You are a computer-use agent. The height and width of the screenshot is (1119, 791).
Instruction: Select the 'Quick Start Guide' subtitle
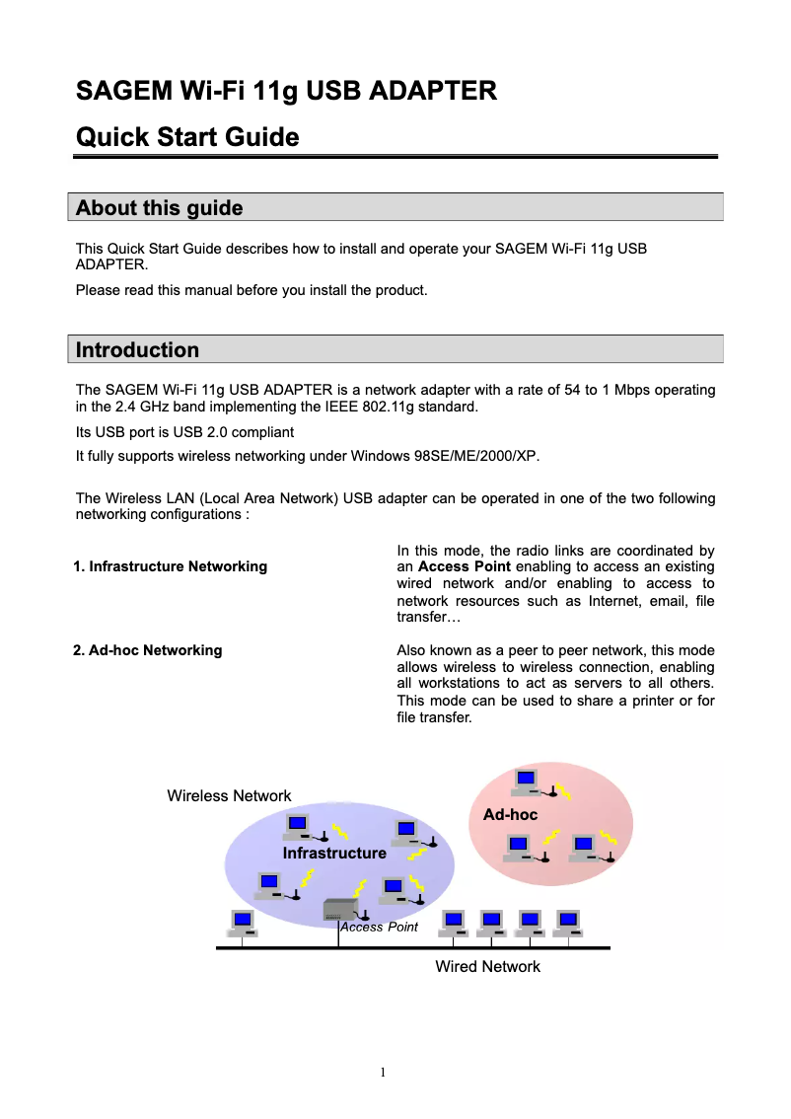(x=187, y=136)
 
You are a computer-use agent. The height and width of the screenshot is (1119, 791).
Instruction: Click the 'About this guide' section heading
(x=159, y=208)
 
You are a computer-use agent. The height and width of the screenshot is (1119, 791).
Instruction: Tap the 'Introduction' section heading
(x=137, y=350)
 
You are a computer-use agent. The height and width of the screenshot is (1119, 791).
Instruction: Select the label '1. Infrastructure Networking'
(x=171, y=566)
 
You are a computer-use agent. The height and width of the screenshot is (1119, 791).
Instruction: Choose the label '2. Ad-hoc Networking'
(x=148, y=650)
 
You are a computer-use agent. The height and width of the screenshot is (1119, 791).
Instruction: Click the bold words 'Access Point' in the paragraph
(x=464, y=566)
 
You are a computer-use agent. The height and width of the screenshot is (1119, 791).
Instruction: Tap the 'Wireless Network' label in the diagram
(x=229, y=795)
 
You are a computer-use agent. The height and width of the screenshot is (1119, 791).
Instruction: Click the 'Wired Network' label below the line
(x=487, y=967)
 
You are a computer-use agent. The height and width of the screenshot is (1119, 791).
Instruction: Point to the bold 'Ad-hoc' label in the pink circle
(x=510, y=815)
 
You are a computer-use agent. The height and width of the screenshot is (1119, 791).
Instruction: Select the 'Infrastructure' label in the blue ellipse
(x=334, y=853)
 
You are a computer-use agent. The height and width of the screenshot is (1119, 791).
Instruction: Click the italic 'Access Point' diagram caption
(x=379, y=928)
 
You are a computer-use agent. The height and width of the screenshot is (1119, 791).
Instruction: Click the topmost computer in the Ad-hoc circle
(x=527, y=783)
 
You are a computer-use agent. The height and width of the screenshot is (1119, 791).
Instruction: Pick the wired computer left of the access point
(x=243, y=923)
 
